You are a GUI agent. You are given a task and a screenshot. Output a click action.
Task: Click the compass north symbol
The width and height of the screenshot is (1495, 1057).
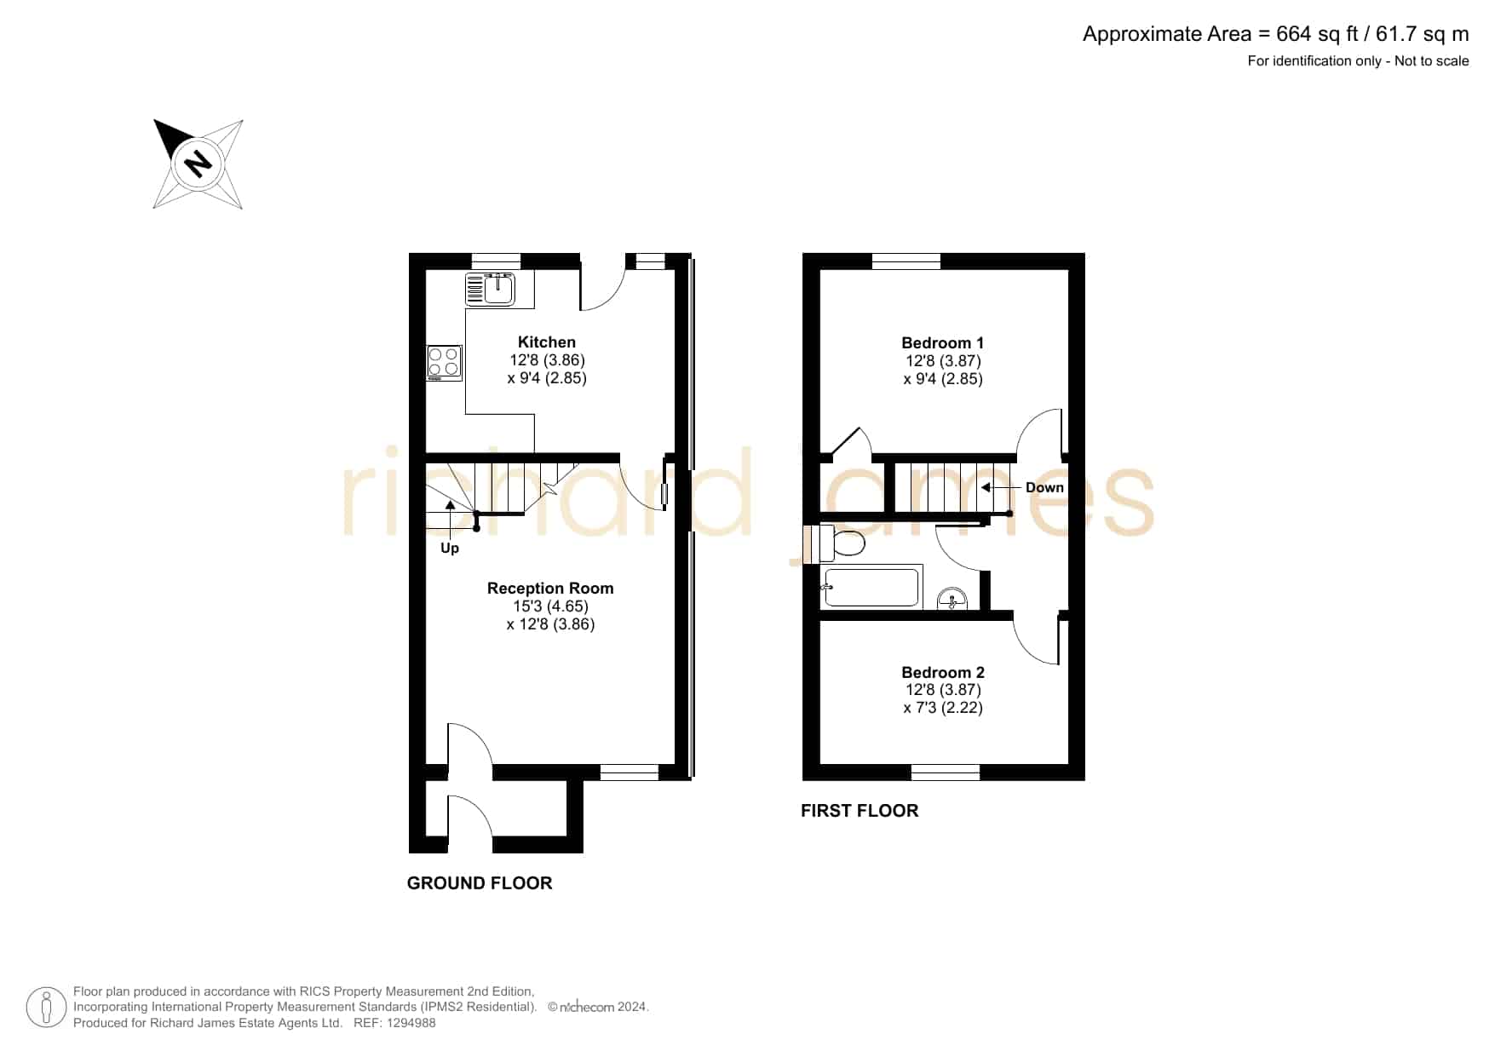tap(198, 164)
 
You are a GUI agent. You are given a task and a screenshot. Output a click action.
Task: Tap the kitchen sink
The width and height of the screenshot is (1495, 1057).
tap(490, 290)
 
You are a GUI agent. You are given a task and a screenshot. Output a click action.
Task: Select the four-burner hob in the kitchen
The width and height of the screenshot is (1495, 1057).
tap(445, 363)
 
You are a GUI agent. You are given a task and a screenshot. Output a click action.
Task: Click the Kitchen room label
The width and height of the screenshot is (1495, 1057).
tap(547, 342)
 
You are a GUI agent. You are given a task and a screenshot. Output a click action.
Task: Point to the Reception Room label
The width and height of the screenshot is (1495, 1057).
tap(550, 589)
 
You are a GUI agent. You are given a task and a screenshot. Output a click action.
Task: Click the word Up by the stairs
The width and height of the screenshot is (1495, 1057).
tap(450, 549)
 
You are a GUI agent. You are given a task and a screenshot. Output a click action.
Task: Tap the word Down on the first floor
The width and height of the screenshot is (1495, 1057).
tap(1044, 488)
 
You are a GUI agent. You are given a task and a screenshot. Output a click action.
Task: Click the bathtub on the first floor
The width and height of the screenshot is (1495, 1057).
tap(871, 587)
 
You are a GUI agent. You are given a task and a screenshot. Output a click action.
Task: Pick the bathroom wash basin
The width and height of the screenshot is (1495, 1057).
tap(952, 600)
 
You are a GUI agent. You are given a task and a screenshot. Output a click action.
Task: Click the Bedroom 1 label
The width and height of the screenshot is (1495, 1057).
tap(943, 343)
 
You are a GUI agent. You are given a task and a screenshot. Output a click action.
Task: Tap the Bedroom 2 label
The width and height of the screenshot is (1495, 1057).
tap(943, 673)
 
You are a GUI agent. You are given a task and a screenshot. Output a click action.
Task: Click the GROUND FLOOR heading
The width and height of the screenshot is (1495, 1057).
tap(480, 883)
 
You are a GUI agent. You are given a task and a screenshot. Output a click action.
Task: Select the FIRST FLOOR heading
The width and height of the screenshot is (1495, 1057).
tap(860, 811)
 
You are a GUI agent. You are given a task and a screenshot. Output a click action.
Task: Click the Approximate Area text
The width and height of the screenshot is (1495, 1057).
tap(1276, 34)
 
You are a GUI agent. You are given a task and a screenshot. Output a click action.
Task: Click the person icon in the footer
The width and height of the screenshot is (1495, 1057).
tap(46, 1008)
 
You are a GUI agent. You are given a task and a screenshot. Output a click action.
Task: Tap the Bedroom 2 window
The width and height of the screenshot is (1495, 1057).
tap(946, 773)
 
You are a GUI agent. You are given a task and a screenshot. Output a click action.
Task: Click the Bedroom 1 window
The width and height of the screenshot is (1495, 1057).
tap(906, 261)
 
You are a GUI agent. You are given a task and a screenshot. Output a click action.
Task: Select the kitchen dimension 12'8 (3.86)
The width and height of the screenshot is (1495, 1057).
tap(547, 360)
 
